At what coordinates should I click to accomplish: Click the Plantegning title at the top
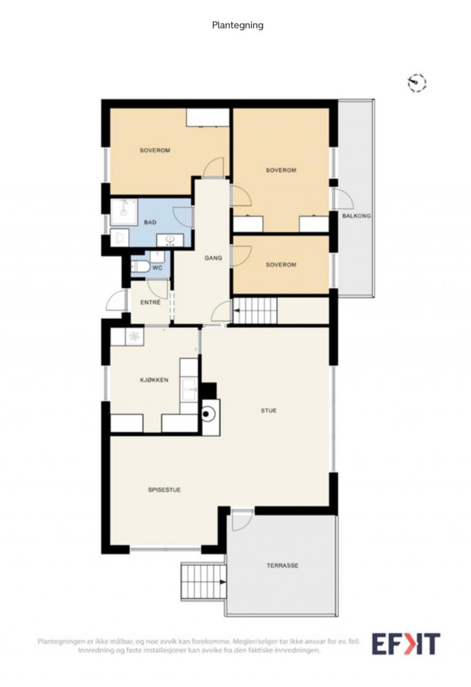[238, 25]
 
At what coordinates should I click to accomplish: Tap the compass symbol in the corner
[416, 82]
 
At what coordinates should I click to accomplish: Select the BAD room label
[150, 222]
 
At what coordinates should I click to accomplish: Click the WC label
[158, 268]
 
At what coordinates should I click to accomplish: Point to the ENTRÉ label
[150, 302]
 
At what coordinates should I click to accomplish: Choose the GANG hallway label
[213, 258]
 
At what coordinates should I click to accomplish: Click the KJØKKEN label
[154, 380]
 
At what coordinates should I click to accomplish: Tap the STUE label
[269, 411]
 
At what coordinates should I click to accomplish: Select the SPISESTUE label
[164, 490]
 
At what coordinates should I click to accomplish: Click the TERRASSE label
[283, 566]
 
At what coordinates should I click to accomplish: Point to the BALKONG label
[356, 216]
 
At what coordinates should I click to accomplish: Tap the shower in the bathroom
[124, 212]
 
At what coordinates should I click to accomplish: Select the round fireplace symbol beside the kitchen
[209, 412]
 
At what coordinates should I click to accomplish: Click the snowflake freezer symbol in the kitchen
[135, 336]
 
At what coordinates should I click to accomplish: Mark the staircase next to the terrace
[204, 582]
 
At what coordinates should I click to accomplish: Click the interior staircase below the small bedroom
[255, 311]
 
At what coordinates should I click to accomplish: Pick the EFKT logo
[406, 644]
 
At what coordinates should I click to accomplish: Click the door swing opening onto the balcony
[343, 199]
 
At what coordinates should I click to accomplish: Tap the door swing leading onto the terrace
[242, 521]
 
